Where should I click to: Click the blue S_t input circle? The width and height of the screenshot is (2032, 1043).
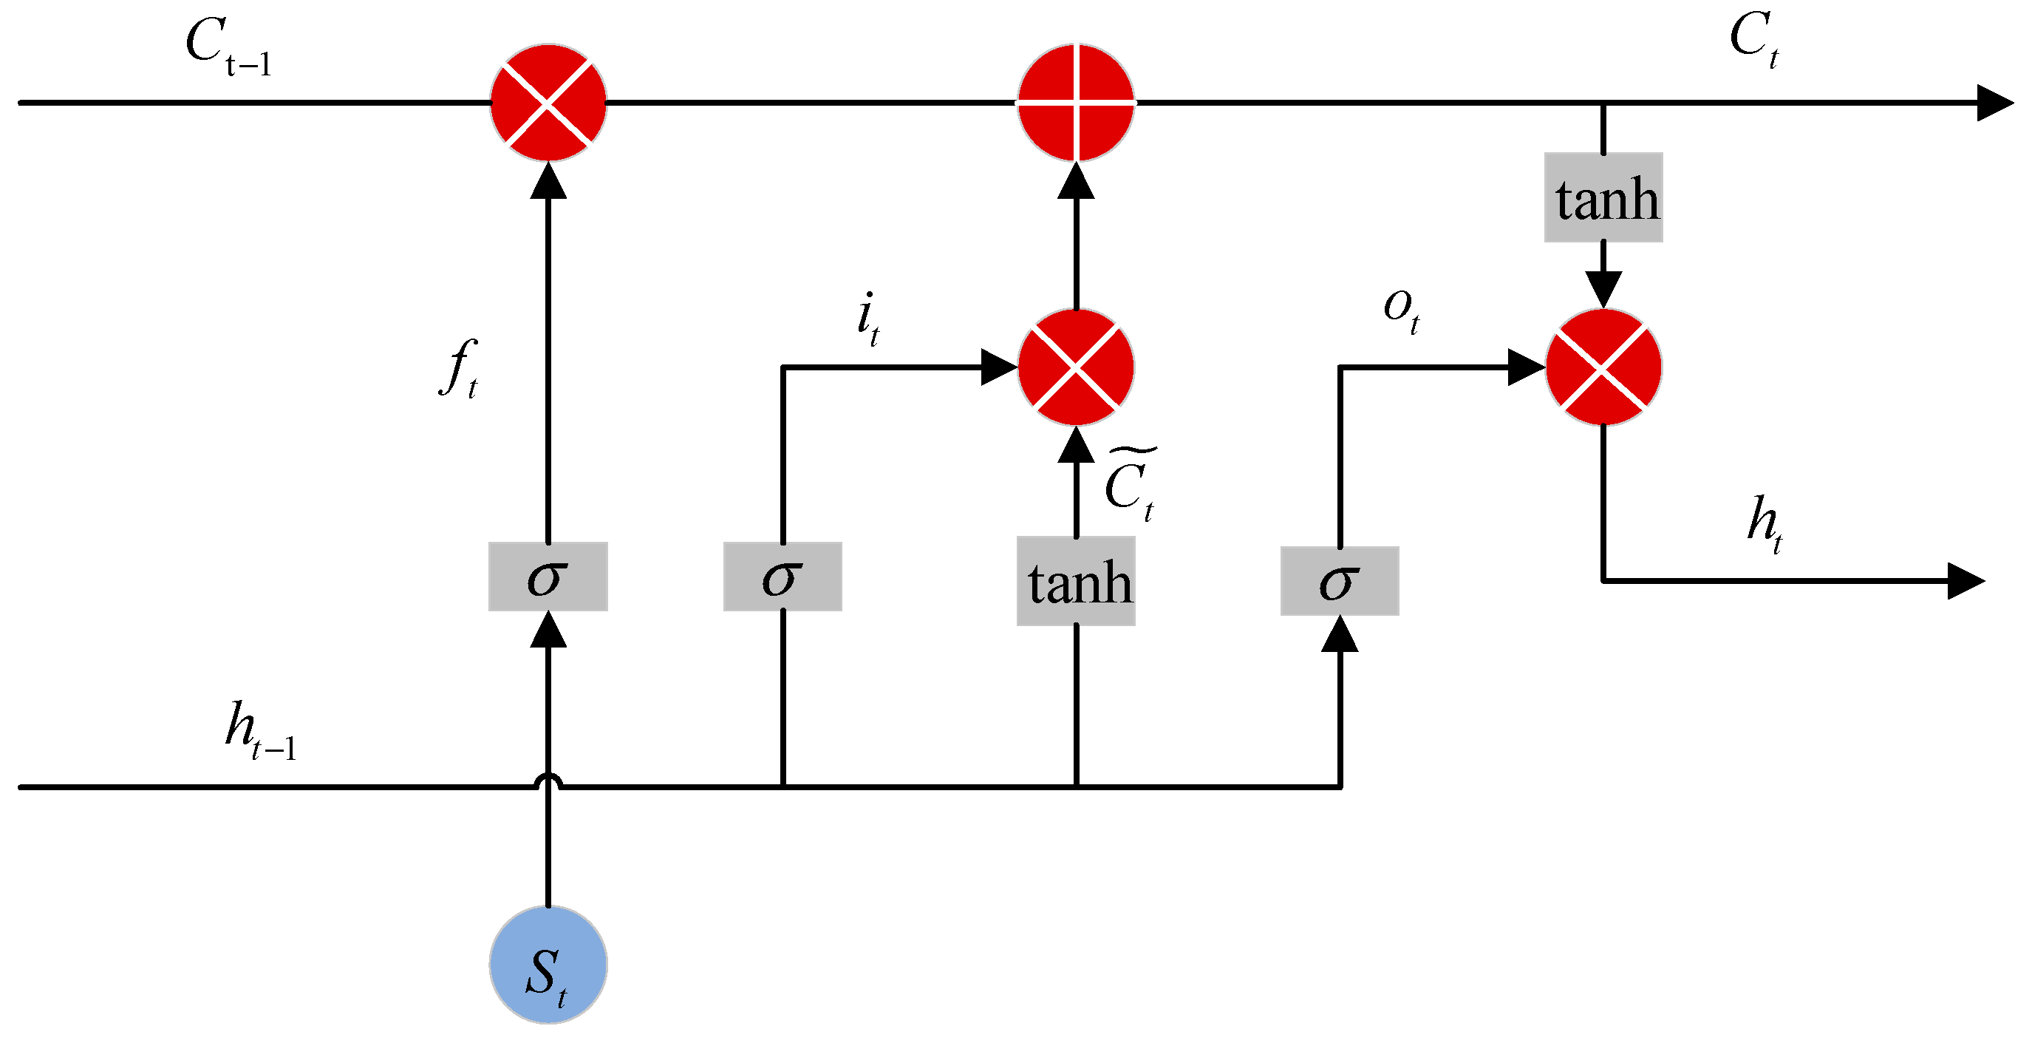pos(548,964)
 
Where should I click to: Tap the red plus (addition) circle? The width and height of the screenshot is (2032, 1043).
pos(1076,103)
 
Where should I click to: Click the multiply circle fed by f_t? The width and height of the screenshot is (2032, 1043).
pos(548,103)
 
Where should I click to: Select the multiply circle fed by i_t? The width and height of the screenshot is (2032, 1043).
pos(1076,367)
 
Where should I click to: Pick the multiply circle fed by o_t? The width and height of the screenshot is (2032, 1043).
pos(1603,367)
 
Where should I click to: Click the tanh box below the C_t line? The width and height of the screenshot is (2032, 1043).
pos(1603,197)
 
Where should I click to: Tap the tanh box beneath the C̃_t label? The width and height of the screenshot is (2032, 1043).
pos(1076,582)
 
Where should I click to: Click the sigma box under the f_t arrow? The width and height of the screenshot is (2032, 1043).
pos(548,577)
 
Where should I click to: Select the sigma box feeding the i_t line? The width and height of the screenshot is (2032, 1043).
pos(783,577)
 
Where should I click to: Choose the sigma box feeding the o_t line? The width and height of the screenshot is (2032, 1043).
pos(1340,582)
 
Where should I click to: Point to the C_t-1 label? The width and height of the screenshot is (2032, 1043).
pos(229,47)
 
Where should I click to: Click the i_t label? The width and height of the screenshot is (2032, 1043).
pos(867,318)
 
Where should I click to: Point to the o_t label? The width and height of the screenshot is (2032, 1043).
pos(1402,309)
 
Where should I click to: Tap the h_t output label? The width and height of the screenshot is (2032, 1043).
pos(1765,525)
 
